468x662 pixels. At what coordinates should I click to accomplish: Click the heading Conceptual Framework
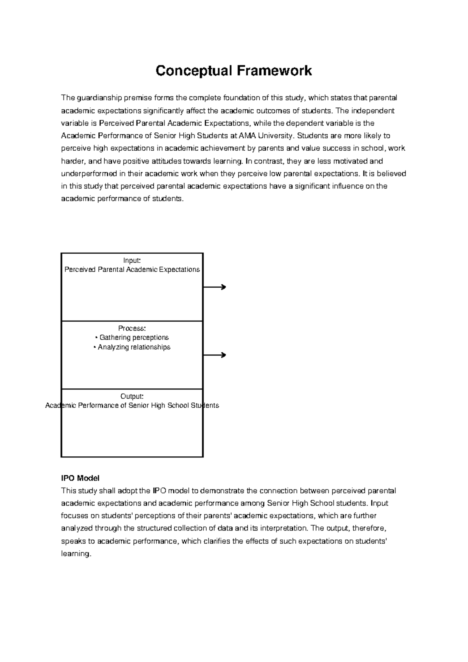click(234, 71)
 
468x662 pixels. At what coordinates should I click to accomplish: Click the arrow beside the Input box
click(215, 287)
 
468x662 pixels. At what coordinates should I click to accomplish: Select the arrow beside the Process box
click(215, 355)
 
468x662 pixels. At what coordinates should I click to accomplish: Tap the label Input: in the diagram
click(132, 260)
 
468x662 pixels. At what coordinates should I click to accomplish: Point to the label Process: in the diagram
click(132, 328)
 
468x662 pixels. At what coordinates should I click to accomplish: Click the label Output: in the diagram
click(132, 396)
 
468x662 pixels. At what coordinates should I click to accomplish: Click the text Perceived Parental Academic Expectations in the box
click(132, 270)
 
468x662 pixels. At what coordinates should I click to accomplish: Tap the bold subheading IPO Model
click(80, 478)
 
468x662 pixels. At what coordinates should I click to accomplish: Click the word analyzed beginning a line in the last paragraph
click(77, 529)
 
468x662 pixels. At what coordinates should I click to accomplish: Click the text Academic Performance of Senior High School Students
click(132, 406)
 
